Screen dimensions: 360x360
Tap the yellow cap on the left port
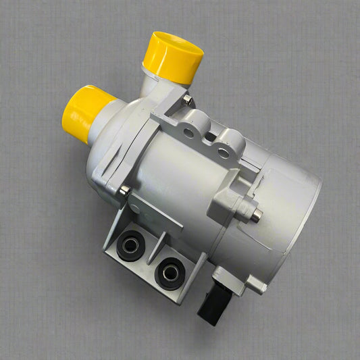84,111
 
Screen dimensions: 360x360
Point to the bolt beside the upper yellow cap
187,101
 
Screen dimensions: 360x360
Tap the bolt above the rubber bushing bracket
124,191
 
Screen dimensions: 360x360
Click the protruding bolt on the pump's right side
256,216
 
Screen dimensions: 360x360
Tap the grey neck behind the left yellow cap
108,122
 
